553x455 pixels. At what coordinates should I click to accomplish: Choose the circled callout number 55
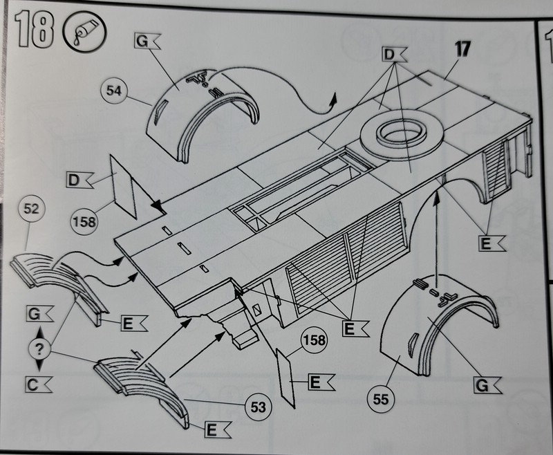point(377,398)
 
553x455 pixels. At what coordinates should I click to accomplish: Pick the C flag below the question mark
point(37,383)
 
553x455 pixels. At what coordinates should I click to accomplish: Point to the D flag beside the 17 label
point(394,53)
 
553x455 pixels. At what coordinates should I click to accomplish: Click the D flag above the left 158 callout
point(78,181)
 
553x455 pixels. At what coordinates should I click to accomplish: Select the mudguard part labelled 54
point(200,114)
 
